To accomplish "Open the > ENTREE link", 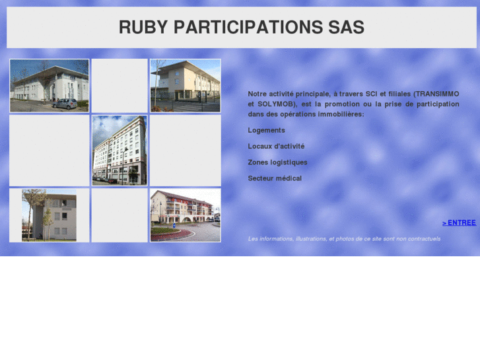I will tap(459, 223).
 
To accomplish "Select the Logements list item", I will tap(267, 130).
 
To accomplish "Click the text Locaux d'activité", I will tap(276, 146).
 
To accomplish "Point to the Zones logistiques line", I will tap(277, 162).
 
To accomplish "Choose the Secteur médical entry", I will tap(275, 178).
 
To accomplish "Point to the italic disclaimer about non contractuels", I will tap(344, 238).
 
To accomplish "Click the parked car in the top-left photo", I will tap(65, 104).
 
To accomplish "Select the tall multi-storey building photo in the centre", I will tap(120, 150).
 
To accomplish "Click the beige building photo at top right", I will tap(185, 85).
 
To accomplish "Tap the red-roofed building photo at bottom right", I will tap(185, 215).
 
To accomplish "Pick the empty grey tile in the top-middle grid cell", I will tap(120, 85).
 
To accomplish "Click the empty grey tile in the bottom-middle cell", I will tap(120, 215).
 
